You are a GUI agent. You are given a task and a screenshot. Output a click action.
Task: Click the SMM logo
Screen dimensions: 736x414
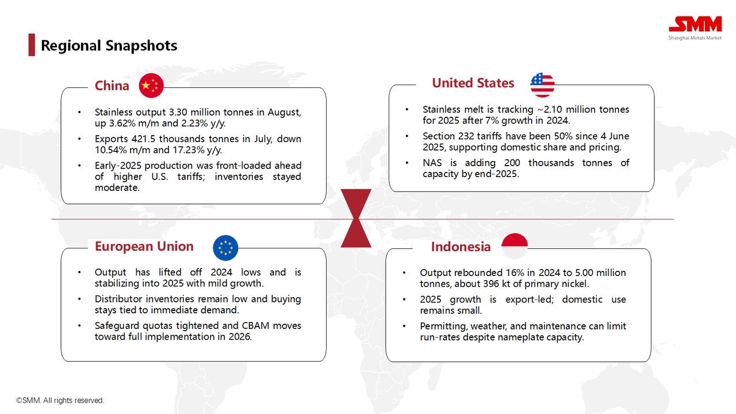click(x=695, y=28)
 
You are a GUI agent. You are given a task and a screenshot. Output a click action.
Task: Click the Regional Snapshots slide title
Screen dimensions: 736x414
click(x=109, y=45)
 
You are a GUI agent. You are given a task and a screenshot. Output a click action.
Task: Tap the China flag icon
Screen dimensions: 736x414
click(x=151, y=86)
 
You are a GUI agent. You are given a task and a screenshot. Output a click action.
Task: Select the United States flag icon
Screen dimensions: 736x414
click(x=542, y=85)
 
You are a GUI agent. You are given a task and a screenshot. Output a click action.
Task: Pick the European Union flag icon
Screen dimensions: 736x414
click(x=225, y=248)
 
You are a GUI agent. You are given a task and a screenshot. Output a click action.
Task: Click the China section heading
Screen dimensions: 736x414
click(x=112, y=86)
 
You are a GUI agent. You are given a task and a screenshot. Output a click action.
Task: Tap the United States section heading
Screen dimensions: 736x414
click(x=473, y=83)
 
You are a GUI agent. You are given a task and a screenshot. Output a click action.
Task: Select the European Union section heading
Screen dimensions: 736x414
click(x=144, y=247)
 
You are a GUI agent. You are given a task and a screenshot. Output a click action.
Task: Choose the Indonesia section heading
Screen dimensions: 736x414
click(x=461, y=247)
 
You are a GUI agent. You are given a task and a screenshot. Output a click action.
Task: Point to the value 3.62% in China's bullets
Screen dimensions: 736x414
click(x=121, y=123)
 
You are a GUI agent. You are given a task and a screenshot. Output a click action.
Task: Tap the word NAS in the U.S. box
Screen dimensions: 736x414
click(x=432, y=163)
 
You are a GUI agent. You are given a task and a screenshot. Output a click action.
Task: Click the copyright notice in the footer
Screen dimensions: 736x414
click(x=60, y=400)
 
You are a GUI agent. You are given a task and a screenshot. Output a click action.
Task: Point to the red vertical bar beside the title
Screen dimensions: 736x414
click(x=32, y=45)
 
